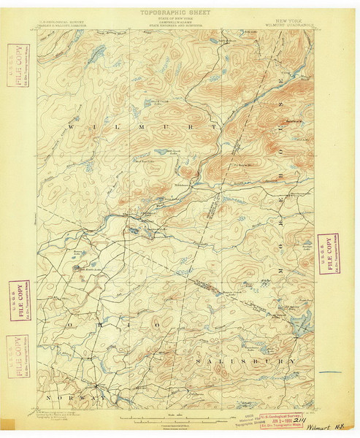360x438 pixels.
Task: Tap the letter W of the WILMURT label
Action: tap(71, 128)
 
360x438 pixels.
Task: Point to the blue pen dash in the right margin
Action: tap(330, 373)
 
